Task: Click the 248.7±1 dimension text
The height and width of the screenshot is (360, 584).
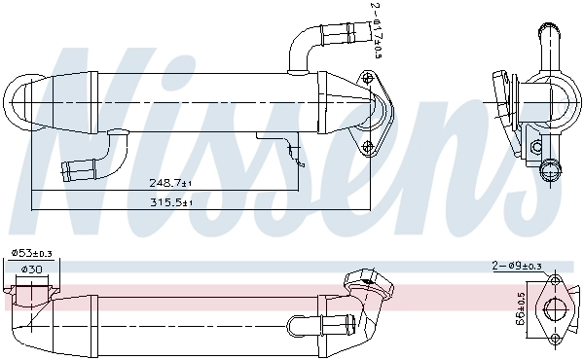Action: click(170, 182)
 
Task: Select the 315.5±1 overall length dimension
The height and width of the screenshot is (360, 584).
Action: click(170, 202)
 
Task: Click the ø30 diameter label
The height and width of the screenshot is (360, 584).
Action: click(31, 270)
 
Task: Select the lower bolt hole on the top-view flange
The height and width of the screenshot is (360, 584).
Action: click(368, 148)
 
